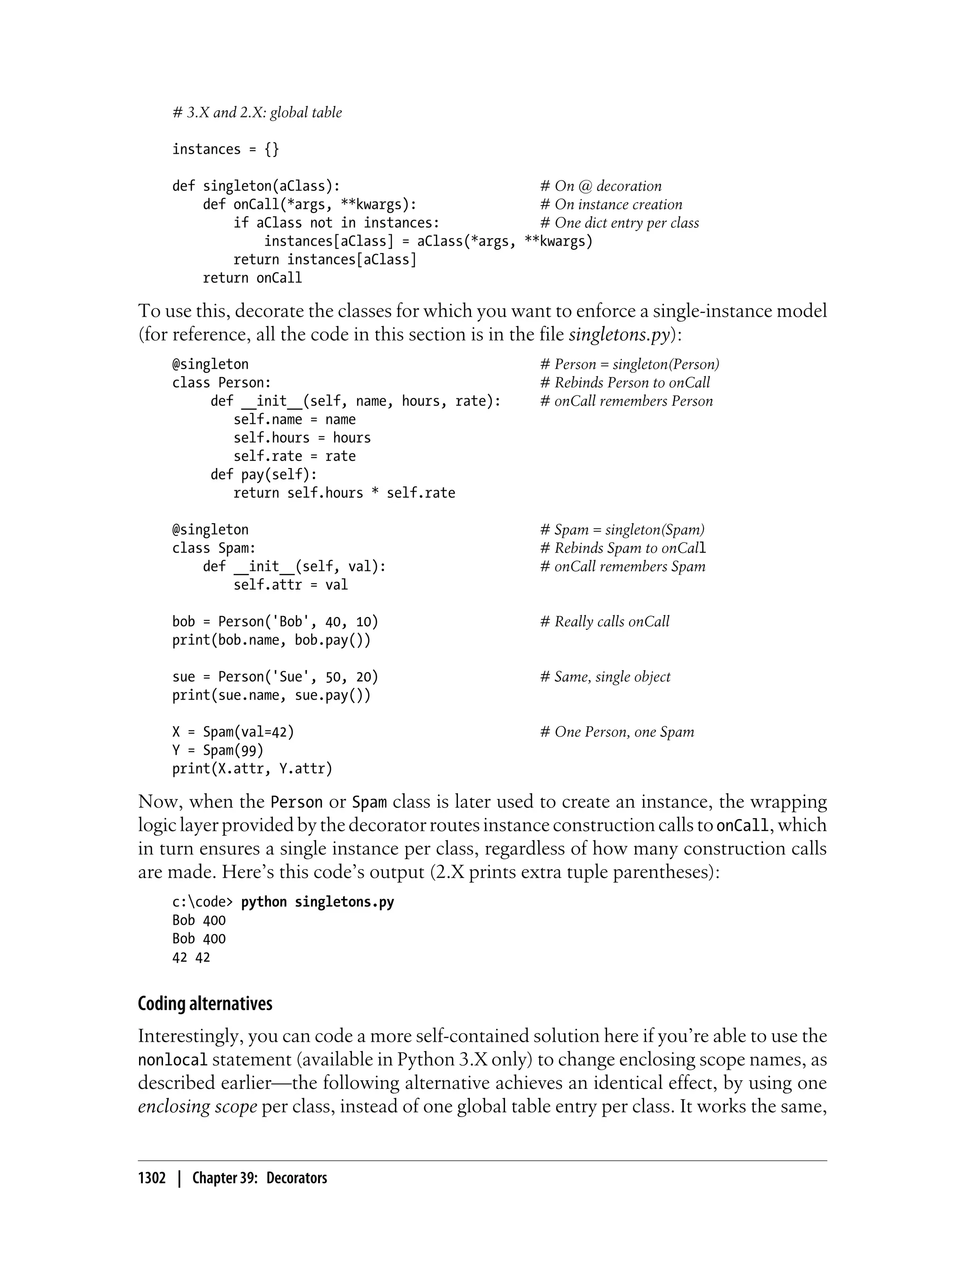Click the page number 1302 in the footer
[152, 1178]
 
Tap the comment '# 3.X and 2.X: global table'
[257, 113]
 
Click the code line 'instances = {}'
[225, 149]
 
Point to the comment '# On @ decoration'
[601, 186]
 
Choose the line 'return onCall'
[252, 278]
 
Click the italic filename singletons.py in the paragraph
[619, 334]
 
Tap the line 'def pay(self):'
[264, 475]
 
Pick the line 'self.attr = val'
[291, 585]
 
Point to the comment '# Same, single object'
[605, 677]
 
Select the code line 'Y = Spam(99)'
[218, 750]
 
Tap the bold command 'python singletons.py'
[318, 902]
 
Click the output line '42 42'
[191, 957]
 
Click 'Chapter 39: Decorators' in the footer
[260, 1178]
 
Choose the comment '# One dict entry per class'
[619, 223]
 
